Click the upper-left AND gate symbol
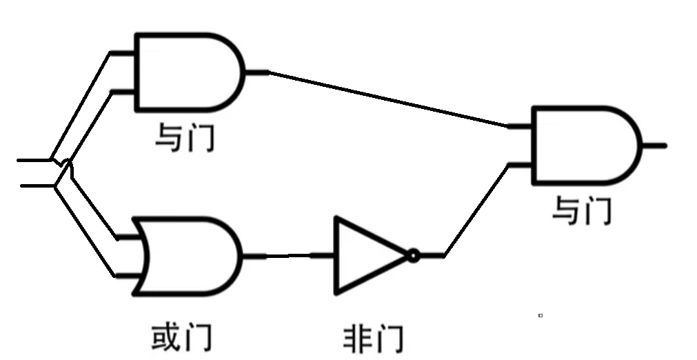pyautogui.click(x=186, y=72)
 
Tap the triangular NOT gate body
pyautogui.click(x=365, y=256)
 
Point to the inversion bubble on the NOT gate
pyautogui.click(x=412, y=256)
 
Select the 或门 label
pyautogui.click(x=181, y=338)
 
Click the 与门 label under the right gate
pyautogui.click(x=581, y=210)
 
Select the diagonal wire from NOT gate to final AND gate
pyautogui.click(x=476, y=210)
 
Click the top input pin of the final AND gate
pyautogui.click(x=518, y=127)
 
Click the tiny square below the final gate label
pyautogui.click(x=541, y=315)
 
